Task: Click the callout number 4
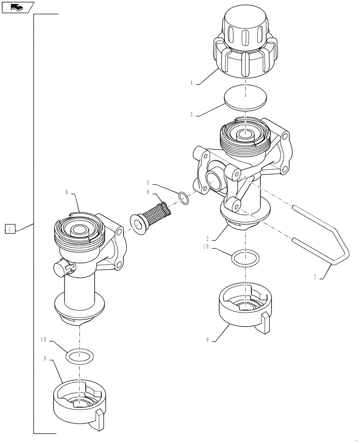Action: (x=191, y=82)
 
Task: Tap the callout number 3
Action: (x=191, y=114)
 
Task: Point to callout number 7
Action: (x=315, y=277)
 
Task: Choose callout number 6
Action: (x=67, y=193)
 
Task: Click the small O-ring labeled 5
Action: (x=184, y=198)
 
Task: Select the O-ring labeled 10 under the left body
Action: (x=80, y=355)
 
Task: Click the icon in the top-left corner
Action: (x=18, y=7)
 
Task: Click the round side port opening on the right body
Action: (x=214, y=181)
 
